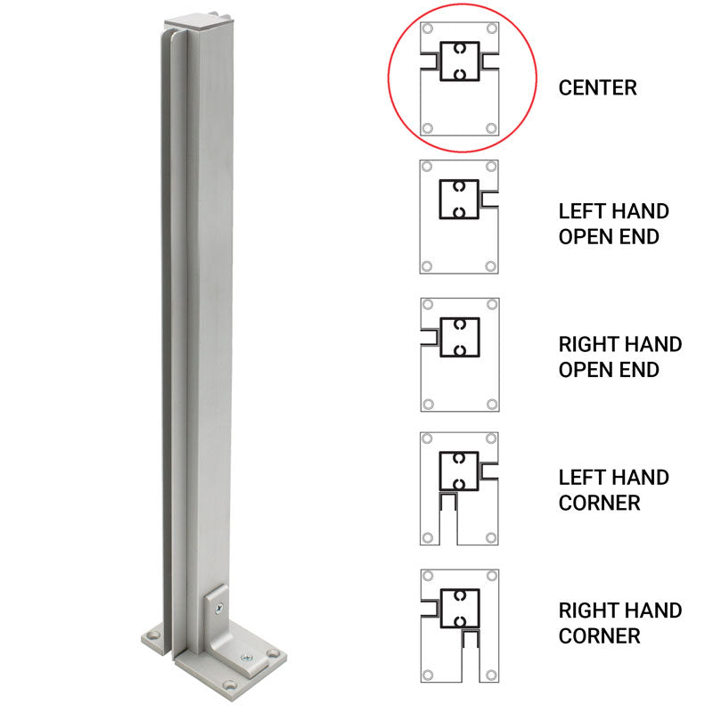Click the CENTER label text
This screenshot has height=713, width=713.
click(x=597, y=87)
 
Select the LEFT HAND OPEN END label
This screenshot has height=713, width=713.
click(x=613, y=224)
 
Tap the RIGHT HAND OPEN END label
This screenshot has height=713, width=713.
click(x=619, y=356)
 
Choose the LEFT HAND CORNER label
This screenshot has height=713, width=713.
click(x=613, y=489)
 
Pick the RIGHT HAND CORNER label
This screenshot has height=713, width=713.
click(x=619, y=622)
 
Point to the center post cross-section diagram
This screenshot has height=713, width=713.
click(x=459, y=78)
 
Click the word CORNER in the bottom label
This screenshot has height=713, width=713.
click(x=600, y=635)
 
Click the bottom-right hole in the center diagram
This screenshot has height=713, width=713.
click(x=490, y=129)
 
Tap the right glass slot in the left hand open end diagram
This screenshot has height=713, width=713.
click(x=489, y=196)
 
